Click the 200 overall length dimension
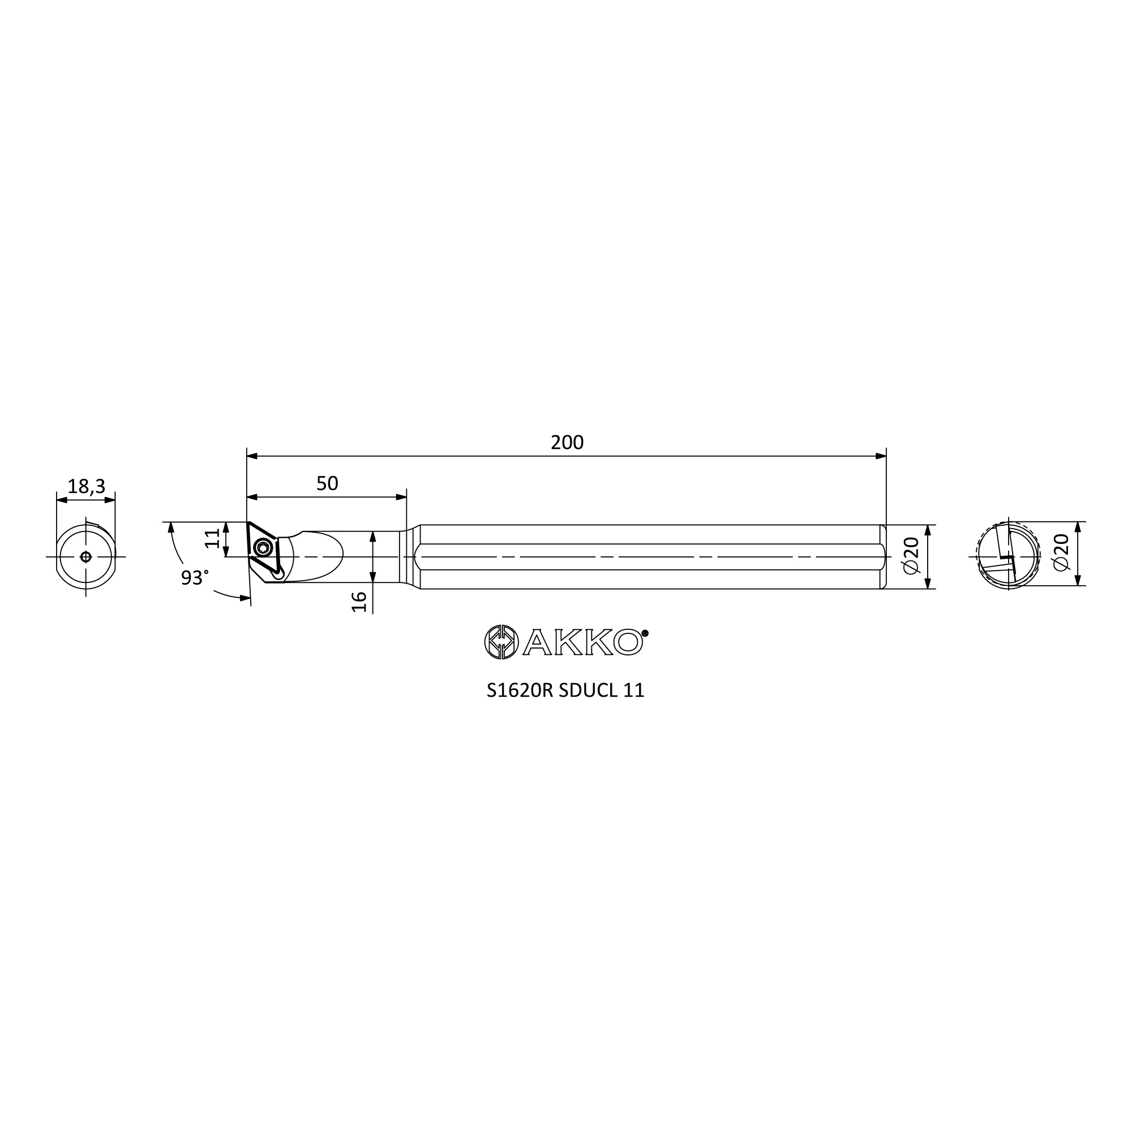[x=567, y=443]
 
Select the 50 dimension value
[x=327, y=484]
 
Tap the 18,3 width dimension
[x=86, y=486]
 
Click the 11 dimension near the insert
[x=213, y=538]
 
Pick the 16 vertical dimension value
[x=359, y=602]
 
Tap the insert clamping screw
[x=262, y=548]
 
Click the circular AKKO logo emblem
[x=501, y=642]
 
